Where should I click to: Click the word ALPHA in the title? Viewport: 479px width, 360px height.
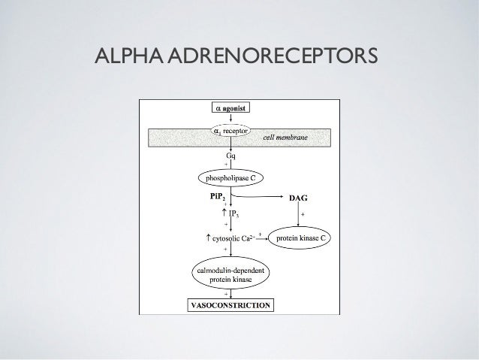pos(122,55)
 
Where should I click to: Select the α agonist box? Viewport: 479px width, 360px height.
pos(234,107)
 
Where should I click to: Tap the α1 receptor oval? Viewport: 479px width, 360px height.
pos(233,130)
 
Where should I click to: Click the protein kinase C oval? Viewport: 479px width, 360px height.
pos(301,238)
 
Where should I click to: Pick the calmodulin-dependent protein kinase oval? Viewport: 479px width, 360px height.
pos(234,273)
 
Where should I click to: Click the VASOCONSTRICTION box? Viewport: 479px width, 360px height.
pos(230,305)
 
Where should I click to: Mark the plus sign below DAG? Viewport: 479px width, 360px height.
pos(303,215)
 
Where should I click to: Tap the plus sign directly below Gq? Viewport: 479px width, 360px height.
pos(226,165)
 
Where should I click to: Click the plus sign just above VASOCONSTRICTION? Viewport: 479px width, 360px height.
pos(226,294)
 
